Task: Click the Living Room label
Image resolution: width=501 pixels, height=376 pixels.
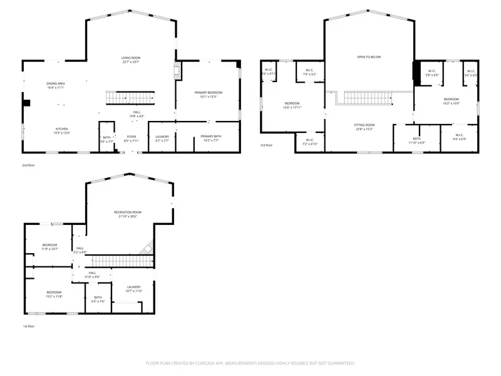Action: tap(130, 58)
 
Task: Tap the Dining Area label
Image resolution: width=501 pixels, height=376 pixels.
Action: tap(56, 83)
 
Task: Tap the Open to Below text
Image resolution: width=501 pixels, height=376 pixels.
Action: tap(369, 57)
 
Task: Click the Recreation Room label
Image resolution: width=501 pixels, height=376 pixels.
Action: tap(128, 212)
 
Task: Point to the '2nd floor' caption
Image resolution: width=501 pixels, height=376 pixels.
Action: tap(29, 165)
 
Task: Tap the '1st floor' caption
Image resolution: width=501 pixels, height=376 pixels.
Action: tap(29, 326)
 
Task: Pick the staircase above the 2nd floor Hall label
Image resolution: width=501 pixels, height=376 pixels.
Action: tap(130, 98)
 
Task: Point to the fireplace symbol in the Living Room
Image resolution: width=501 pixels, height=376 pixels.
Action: tap(177, 70)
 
